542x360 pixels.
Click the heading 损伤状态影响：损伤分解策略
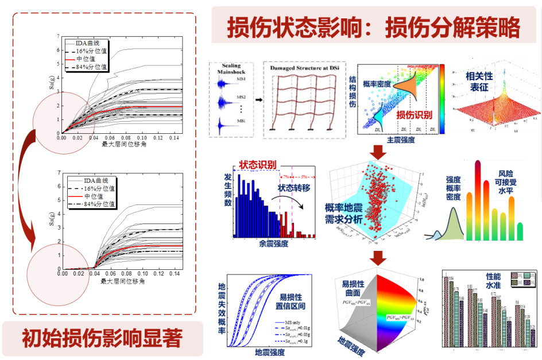click(374, 27)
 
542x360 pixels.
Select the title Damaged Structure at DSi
click(304, 68)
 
